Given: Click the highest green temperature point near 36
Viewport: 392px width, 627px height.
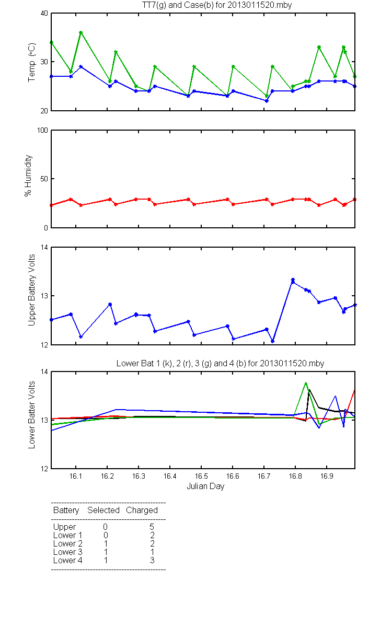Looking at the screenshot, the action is click(x=81, y=32).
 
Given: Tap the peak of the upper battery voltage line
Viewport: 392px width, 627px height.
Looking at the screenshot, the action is click(x=293, y=280).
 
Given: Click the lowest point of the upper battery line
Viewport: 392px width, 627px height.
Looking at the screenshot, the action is click(x=273, y=341).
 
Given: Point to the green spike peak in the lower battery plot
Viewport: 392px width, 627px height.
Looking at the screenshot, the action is click(x=306, y=382).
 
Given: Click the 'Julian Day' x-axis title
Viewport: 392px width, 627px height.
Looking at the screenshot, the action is click(x=205, y=486).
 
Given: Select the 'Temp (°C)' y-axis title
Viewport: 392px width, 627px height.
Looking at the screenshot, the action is click(x=32, y=62).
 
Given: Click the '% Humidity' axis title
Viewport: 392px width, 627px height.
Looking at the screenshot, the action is click(x=28, y=176).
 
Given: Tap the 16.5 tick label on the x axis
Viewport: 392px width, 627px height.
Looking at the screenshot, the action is click(x=201, y=476).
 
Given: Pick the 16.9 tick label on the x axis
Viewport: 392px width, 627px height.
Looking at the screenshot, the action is click(x=327, y=476).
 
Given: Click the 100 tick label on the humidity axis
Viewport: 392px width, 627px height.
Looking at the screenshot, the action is click(x=42, y=130).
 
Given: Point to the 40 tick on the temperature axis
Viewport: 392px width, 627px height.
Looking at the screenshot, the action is click(x=44, y=13).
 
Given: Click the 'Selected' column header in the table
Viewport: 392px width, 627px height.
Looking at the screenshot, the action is click(x=103, y=510).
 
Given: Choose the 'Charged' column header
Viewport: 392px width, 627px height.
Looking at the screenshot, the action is click(x=142, y=510).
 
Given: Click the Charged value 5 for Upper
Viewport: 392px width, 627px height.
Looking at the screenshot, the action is click(x=152, y=527).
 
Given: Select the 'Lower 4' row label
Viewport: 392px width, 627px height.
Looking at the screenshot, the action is click(x=68, y=560).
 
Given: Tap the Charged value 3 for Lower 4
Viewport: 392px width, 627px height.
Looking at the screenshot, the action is click(x=152, y=560).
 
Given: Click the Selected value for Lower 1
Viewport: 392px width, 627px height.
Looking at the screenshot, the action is click(x=106, y=535).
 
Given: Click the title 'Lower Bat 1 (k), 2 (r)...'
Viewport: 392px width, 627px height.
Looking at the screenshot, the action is click(x=220, y=363).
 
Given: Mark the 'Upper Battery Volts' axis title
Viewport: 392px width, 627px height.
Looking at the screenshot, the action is click(x=32, y=290).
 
